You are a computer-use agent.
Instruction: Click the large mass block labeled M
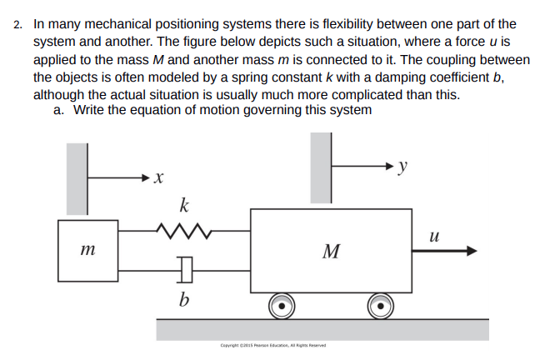pos(331,250)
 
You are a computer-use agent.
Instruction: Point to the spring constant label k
pos(184,204)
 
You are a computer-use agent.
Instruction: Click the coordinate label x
pos(159,177)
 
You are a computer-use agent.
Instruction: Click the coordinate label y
pos(403,166)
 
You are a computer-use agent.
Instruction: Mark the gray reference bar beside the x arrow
pos(77,177)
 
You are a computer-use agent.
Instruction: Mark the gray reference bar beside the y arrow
pos(321,167)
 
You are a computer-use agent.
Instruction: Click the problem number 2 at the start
pos(17,25)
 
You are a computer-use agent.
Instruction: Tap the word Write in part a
pos(92,109)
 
